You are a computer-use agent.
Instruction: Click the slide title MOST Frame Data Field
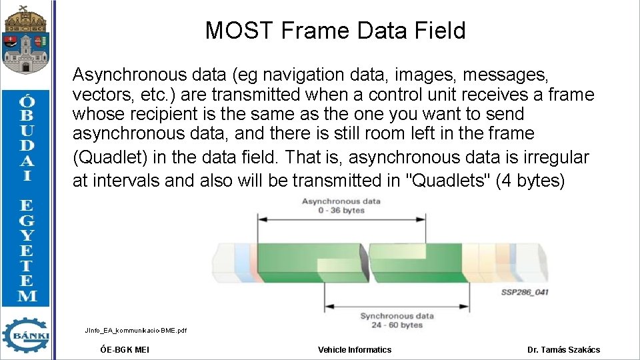(335, 31)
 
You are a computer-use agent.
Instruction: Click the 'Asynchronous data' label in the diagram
(341, 201)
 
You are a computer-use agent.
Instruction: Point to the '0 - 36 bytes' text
(342, 210)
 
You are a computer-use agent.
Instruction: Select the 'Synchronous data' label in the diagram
(397, 315)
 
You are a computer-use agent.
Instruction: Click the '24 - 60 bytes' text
(397, 325)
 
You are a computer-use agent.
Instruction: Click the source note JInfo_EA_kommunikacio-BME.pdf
(136, 330)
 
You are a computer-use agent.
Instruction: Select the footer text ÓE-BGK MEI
(125, 349)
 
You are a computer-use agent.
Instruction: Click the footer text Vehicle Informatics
(355, 349)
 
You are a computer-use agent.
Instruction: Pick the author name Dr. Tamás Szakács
(563, 349)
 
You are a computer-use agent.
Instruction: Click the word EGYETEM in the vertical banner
(27, 250)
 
